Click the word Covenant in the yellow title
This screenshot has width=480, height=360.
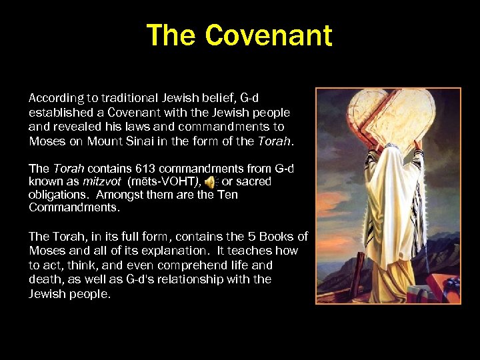click(269, 35)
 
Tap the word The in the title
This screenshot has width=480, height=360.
click(173, 35)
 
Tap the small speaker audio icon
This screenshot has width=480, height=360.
click(210, 181)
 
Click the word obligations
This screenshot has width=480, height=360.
click(59, 195)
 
